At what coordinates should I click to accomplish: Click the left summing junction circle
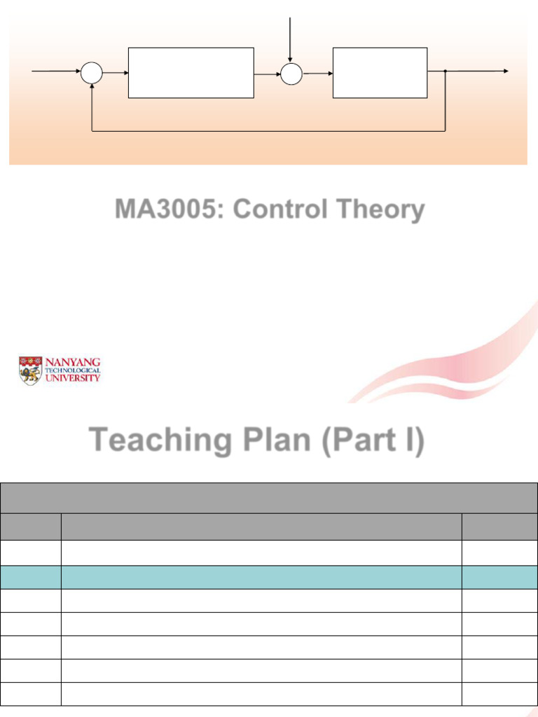(x=92, y=73)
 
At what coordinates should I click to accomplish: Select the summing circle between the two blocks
(x=291, y=73)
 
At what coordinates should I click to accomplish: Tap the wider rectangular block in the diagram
(x=191, y=73)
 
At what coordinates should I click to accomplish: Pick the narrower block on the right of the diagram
(x=380, y=73)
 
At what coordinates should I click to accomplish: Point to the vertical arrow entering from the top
(x=291, y=39)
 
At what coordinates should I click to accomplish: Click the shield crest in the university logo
(x=30, y=371)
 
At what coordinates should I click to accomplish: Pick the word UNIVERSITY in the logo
(x=73, y=377)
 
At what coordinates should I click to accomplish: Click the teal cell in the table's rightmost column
(x=499, y=578)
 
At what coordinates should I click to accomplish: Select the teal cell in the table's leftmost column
(x=31, y=578)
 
